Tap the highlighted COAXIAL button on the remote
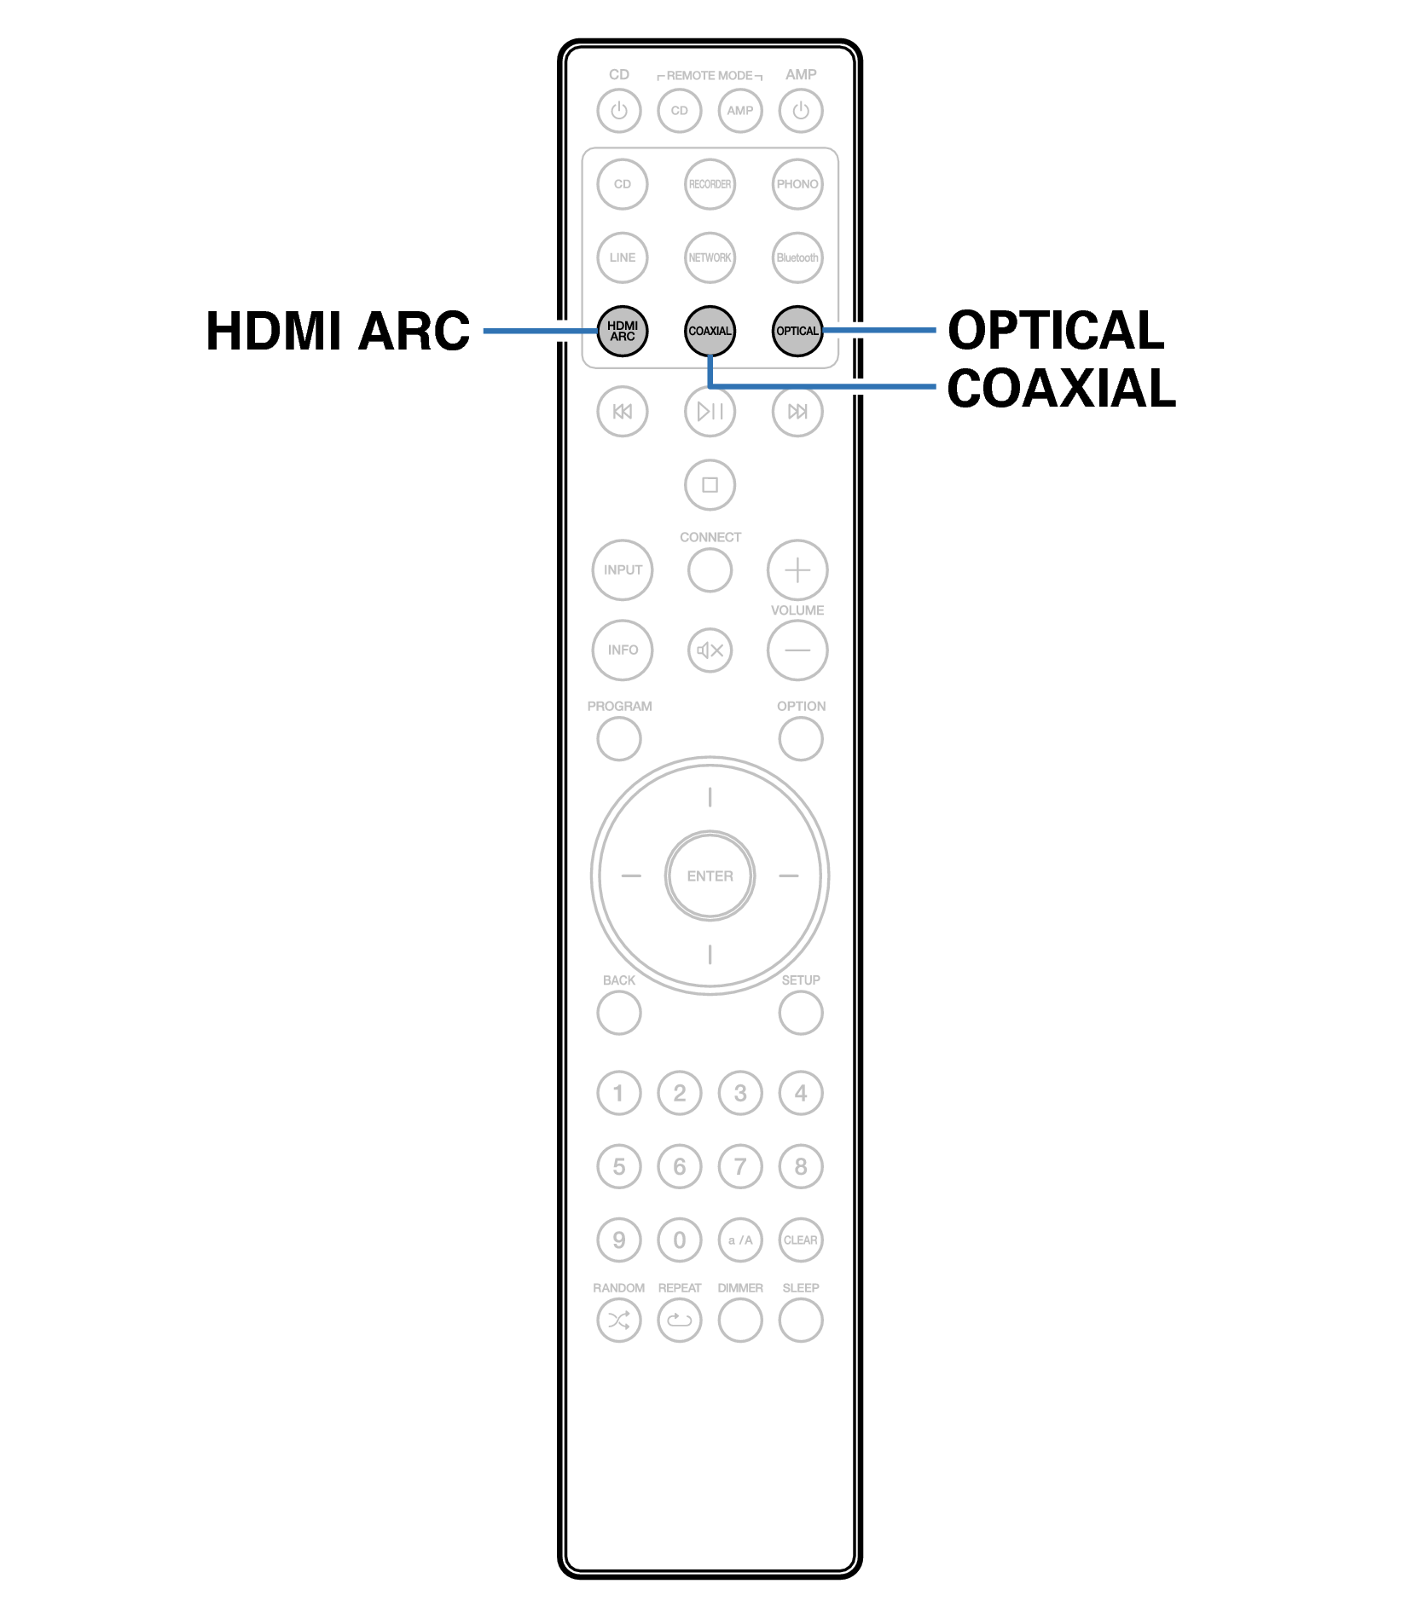(710, 331)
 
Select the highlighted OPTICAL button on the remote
(797, 331)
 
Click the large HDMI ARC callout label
(338, 331)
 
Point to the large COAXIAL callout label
(1061, 389)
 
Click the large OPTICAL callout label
(1056, 330)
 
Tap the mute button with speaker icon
(710, 650)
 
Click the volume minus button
(797, 650)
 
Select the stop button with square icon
(710, 485)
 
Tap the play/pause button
(710, 412)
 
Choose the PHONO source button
(797, 184)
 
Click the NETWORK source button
(710, 257)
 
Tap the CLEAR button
(800, 1240)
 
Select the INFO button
(623, 650)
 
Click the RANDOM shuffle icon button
(619, 1321)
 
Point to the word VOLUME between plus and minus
(797, 610)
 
